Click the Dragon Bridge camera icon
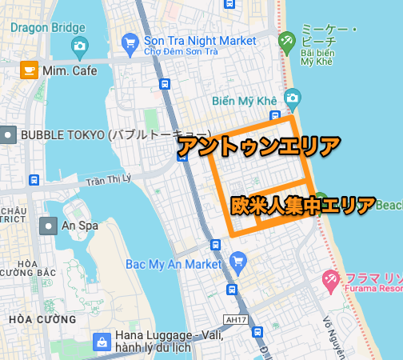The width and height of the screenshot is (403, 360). point(78,46)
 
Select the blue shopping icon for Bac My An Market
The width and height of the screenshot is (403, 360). point(237,260)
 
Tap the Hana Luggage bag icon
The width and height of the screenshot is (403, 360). point(102,342)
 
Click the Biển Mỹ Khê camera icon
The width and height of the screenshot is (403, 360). point(293,98)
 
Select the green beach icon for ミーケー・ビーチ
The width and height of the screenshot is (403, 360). point(286,40)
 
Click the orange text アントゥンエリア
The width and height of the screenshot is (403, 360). point(258,146)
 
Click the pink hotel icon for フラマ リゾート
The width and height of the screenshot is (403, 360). point(329,279)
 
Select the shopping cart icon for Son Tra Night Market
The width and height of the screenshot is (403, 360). point(130,40)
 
